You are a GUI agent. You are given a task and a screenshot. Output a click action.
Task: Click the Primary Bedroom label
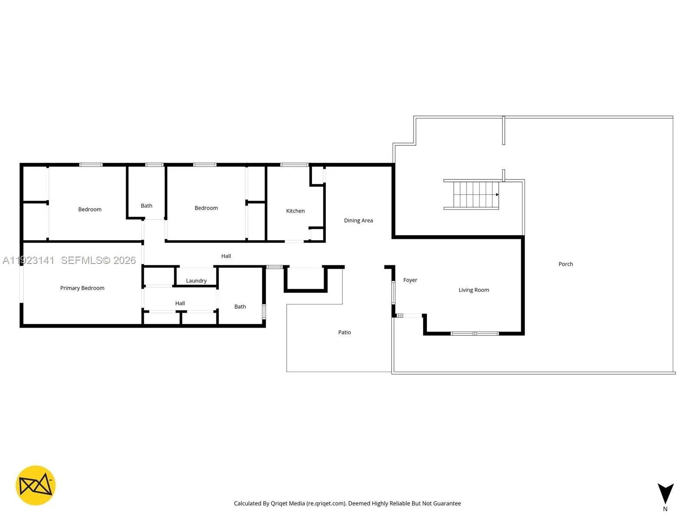tap(82, 288)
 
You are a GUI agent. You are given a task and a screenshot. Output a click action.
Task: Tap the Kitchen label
tap(295, 211)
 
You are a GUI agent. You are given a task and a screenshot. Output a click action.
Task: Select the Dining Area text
tap(358, 221)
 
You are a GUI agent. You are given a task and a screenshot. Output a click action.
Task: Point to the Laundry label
tap(196, 281)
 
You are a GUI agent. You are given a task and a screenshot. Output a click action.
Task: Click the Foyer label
tap(410, 280)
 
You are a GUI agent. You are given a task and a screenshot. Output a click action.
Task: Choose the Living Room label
tap(473, 290)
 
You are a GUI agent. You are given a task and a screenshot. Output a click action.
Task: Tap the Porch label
tap(566, 264)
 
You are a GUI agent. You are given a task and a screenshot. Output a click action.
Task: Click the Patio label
tap(344, 332)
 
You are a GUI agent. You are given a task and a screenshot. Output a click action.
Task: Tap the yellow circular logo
tap(36, 485)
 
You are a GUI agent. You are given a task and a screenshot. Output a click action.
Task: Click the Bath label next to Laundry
tap(240, 307)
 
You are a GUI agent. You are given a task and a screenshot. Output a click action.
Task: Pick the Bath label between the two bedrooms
tap(146, 206)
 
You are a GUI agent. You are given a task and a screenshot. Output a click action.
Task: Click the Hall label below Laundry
tap(180, 303)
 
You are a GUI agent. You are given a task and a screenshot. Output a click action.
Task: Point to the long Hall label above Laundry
tap(226, 256)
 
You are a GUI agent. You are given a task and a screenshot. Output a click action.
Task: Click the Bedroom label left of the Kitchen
tap(206, 208)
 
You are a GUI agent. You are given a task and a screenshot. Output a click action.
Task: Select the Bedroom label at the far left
tap(90, 209)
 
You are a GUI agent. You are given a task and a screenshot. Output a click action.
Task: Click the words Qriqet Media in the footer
tap(288, 504)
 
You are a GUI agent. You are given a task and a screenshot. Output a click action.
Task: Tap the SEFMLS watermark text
tap(98, 260)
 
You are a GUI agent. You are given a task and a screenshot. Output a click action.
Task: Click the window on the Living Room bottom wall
tap(474, 333)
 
